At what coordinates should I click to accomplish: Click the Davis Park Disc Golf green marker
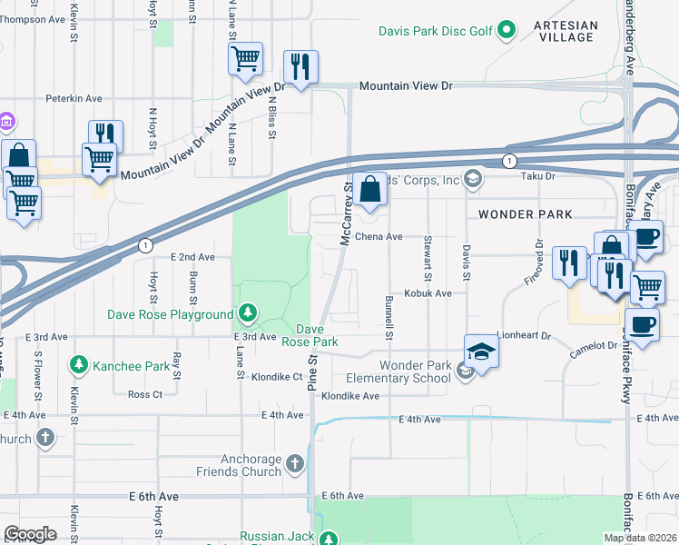(x=507, y=32)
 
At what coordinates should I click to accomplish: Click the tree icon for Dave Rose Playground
(x=247, y=314)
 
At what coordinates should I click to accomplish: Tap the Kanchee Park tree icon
(x=79, y=366)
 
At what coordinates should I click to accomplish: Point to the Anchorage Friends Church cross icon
(x=294, y=465)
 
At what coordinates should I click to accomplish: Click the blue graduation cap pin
(x=481, y=352)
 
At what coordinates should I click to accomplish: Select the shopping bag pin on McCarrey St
(x=369, y=190)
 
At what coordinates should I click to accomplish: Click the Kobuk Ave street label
(x=428, y=293)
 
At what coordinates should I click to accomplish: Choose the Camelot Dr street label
(x=594, y=346)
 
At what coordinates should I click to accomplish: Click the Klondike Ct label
(x=277, y=376)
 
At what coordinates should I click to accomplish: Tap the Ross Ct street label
(x=145, y=394)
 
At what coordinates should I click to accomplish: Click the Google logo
(x=30, y=534)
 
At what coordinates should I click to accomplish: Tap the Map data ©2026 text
(x=639, y=538)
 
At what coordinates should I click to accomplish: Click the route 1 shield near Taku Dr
(x=509, y=161)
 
